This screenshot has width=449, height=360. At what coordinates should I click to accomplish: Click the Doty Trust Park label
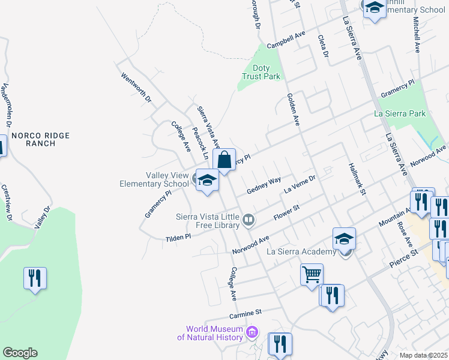(261, 72)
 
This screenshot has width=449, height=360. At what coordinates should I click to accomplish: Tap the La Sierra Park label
(399, 113)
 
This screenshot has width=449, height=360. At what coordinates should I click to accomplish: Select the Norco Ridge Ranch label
(41, 140)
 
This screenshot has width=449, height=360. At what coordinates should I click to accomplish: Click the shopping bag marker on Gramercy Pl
(224, 160)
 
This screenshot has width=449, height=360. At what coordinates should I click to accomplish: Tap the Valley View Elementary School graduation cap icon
(207, 180)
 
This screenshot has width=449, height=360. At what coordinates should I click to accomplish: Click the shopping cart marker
(312, 275)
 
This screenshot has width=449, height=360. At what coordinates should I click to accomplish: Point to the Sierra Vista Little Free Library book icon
(248, 221)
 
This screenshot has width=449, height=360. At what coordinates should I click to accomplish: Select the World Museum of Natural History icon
(252, 332)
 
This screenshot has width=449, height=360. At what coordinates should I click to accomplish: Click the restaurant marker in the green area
(35, 278)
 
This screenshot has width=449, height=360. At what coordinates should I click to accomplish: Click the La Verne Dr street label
(300, 182)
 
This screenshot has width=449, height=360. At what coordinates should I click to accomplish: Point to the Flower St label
(286, 213)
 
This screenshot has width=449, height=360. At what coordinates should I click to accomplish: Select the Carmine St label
(246, 313)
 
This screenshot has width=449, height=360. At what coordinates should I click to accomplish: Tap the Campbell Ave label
(286, 41)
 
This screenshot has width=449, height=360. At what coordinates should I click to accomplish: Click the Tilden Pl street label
(178, 238)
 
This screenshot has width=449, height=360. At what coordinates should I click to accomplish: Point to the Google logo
(20, 353)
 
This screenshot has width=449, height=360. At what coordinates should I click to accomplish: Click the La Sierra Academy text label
(298, 251)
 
